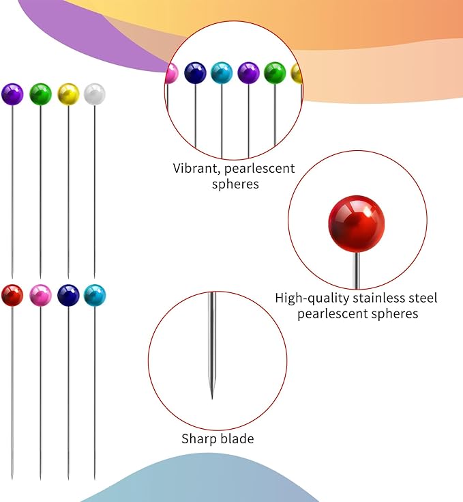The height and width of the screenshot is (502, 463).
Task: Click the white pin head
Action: click(x=95, y=94)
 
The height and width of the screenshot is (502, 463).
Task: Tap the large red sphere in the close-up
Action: click(x=356, y=224)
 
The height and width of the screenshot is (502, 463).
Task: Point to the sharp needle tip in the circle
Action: click(x=212, y=398)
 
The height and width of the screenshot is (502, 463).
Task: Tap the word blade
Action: click(x=237, y=438)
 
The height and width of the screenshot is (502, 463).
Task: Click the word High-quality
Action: click(x=312, y=298)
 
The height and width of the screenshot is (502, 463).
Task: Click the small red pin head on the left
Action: click(x=12, y=295)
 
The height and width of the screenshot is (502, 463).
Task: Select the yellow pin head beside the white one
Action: click(x=68, y=94)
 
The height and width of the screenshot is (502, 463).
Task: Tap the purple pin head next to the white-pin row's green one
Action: click(x=12, y=94)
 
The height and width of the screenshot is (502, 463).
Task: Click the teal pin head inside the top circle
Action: click(x=222, y=73)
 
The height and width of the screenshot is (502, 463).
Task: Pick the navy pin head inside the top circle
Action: click(x=195, y=73)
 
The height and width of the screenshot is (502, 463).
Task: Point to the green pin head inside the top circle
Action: click(x=275, y=73)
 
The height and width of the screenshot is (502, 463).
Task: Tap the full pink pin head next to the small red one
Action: click(x=40, y=295)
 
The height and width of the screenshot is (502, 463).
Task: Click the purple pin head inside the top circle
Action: click(x=249, y=73)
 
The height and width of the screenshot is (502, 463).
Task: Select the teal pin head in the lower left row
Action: click(x=95, y=295)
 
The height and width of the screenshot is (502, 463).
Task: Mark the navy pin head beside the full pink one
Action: click(x=68, y=295)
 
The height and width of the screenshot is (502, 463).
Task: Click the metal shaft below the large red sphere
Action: click(x=356, y=270)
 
